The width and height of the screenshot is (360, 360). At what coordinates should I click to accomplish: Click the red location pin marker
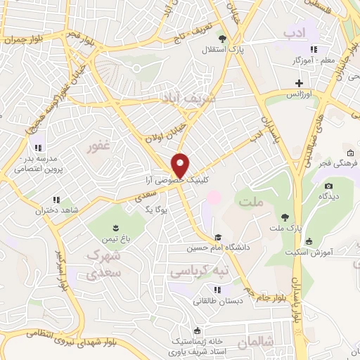click(x=181, y=165)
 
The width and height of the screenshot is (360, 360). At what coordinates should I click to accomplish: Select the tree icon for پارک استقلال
click(x=222, y=39)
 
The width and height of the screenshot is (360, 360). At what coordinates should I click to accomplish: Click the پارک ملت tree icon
click(x=284, y=217)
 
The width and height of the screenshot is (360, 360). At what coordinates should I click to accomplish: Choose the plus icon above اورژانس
click(x=299, y=83)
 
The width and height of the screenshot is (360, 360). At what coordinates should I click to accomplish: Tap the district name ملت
click(x=251, y=202)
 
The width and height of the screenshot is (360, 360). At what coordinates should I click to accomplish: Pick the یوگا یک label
click(x=154, y=209)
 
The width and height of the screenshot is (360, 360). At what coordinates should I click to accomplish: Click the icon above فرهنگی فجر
click(x=350, y=153)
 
